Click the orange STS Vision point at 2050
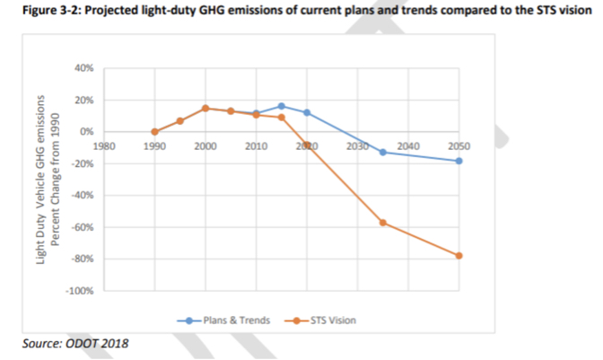[459, 256]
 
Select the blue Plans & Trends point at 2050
[459, 161]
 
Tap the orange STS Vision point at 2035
[383, 222]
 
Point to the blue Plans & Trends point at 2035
[383, 152]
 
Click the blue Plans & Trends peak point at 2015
[282, 106]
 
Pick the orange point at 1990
[154, 132]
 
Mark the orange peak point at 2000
[205, 108]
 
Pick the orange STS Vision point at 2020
[307, 145]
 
